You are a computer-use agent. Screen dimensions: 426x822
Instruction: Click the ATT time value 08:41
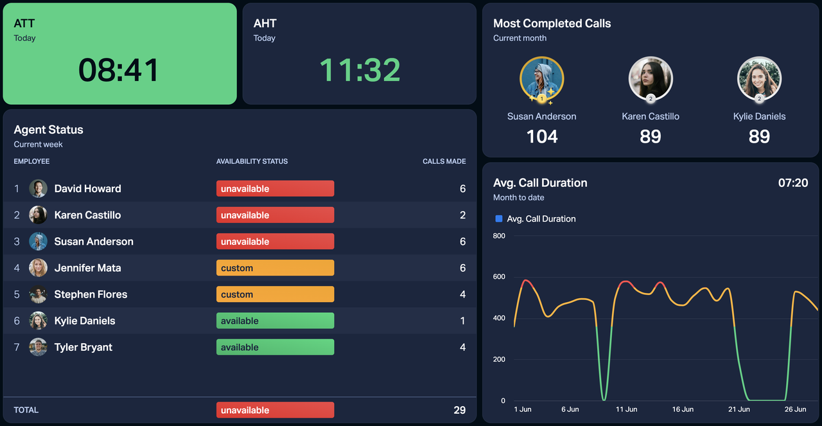tap(119, 70)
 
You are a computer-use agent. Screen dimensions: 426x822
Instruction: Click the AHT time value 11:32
tap(360, 70)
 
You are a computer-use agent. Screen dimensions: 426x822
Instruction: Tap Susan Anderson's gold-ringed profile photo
tap(541, 79)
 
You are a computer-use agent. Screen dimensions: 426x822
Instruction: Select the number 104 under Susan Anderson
tap(542, 136)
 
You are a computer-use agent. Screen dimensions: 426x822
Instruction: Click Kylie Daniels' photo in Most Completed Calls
tap(759, 79)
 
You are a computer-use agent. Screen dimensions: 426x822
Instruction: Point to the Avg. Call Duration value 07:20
tap(793, 182)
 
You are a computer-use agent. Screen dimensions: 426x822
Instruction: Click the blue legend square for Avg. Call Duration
tap(499, 218)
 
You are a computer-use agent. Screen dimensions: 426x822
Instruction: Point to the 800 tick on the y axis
tap(499, 236)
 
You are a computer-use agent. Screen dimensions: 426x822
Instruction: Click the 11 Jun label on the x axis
tap(626, 409)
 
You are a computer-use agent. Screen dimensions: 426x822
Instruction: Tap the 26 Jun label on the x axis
tap(795, 409)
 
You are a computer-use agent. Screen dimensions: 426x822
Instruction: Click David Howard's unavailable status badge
tap(275, 189)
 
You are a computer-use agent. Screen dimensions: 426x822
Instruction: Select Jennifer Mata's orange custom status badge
tap(275, 268)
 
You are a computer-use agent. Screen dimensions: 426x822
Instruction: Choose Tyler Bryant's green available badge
tap(275, 348)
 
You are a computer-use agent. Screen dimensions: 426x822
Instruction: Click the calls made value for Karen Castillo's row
tap(462, 215)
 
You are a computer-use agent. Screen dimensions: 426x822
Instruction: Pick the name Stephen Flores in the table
tap(91, 294)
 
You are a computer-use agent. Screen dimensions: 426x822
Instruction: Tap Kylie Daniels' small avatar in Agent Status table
tap(38, 321)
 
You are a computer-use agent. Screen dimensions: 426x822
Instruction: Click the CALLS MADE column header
tap(444, 161)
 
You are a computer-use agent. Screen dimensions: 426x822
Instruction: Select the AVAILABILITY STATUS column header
tap(252, 161)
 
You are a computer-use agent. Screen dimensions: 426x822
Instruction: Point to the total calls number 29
tap(459, 410)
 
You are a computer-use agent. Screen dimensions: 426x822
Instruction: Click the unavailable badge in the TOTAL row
tap(275, 410)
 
